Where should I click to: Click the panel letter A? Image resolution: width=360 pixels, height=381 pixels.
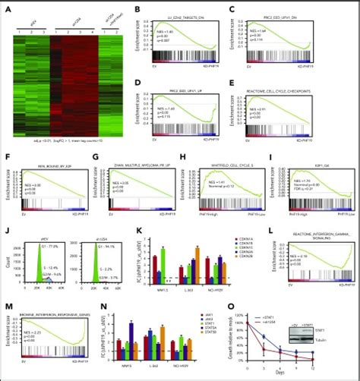(5, 5)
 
